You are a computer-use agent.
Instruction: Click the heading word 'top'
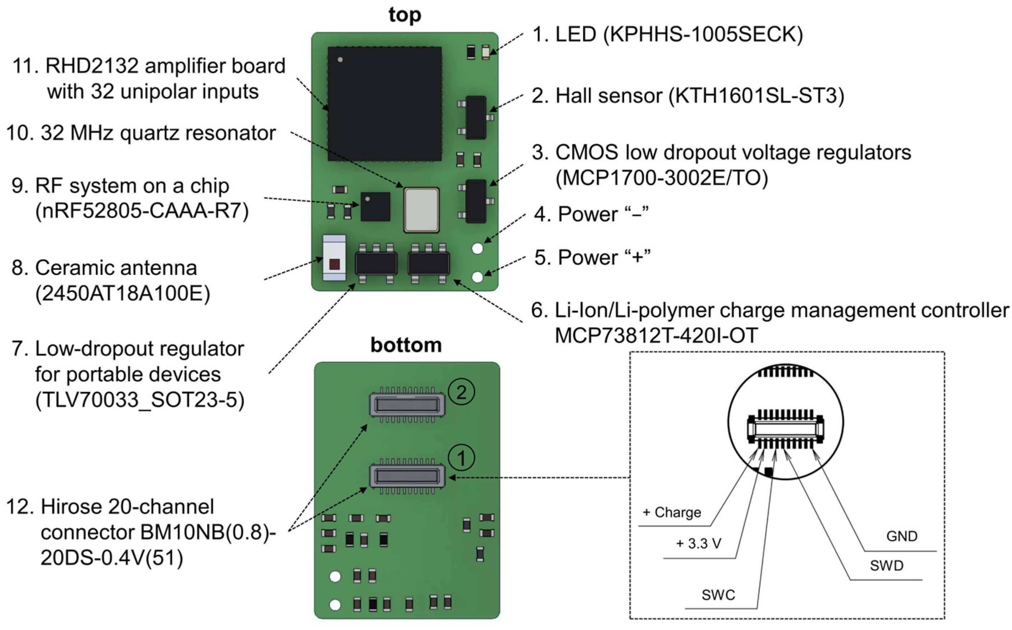405,15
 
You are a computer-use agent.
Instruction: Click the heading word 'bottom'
406,345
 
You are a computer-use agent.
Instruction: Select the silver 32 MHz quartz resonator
421,210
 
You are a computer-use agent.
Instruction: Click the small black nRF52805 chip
375,206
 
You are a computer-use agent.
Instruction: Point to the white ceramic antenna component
334,258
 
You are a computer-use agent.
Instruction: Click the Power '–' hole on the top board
477,249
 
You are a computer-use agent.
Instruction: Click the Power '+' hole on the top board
477,277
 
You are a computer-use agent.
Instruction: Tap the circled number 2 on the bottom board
461,392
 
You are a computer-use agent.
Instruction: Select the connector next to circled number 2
407,405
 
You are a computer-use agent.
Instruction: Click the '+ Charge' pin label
671,512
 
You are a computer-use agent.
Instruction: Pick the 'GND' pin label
901,536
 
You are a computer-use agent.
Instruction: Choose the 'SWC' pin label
718,594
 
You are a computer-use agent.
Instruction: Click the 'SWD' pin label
886,565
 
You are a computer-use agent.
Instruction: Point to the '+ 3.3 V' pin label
698,543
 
